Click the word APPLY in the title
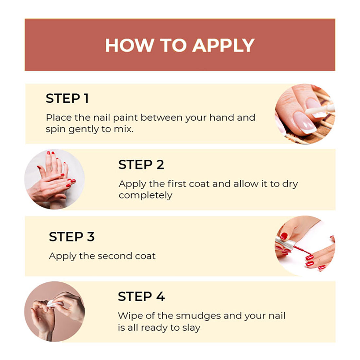pyautogui.click(x=224, y=45)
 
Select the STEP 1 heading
pyautogui.click(x=67, y=99)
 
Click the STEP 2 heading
pyautogui.click(x=141, y=165)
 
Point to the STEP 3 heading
pyautogui.click(x=72, y=237)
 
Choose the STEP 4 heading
pyautogui.click(x=141, y=297)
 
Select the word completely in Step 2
pyautogui.click(x=145, y=196)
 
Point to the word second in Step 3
pyautogui.click(x=115, y=256)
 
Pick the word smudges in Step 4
pyautogui.click(x=198, y=316)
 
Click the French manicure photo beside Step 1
pyautogui.click(x=305, y=114)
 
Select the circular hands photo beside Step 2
pyautogui.click(x=55, y=179)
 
